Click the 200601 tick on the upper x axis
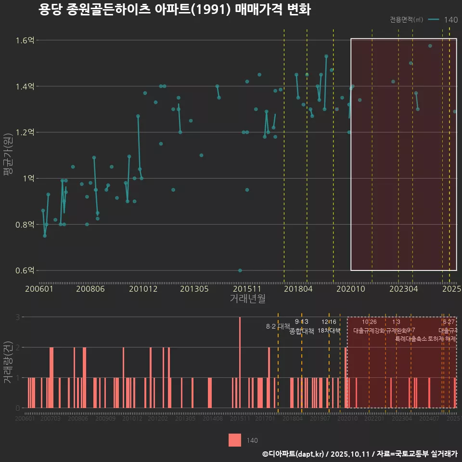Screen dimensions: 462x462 point(39,289)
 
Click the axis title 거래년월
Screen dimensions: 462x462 point(247,299)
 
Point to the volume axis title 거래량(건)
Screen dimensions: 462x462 point(8,362)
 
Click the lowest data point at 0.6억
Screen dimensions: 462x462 point(240,270)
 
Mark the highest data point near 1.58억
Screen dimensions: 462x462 point(430,46)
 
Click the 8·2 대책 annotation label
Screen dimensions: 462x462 point(278,326)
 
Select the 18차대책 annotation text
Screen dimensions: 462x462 point(329,331)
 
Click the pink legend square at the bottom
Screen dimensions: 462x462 point(235,440)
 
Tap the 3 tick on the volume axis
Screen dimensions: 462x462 point(17,317)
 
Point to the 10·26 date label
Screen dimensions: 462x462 point(369,322)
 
